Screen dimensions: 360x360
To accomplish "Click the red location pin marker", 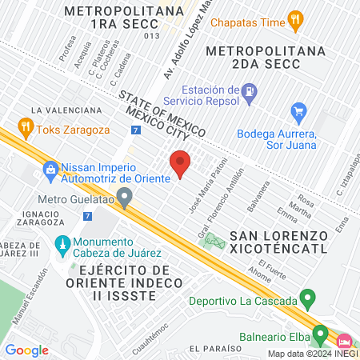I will [x=180, y=164].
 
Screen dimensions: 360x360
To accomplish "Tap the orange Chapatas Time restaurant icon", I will [x=295, y=21].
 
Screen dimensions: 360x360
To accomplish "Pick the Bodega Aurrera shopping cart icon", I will [x=299, y=111].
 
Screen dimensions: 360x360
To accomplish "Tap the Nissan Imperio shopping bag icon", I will [x=50, y=169].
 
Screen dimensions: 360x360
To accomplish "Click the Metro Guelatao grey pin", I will [x=124, y=197].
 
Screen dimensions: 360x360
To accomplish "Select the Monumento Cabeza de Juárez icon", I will [x=62, y=243].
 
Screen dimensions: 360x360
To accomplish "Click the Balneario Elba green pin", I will [x=320, y=333].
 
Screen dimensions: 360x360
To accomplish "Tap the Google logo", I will [x=26, y=350].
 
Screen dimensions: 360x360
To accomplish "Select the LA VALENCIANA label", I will [x=66, y=110].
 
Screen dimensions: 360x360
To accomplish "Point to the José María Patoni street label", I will [x=203, y=182].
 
